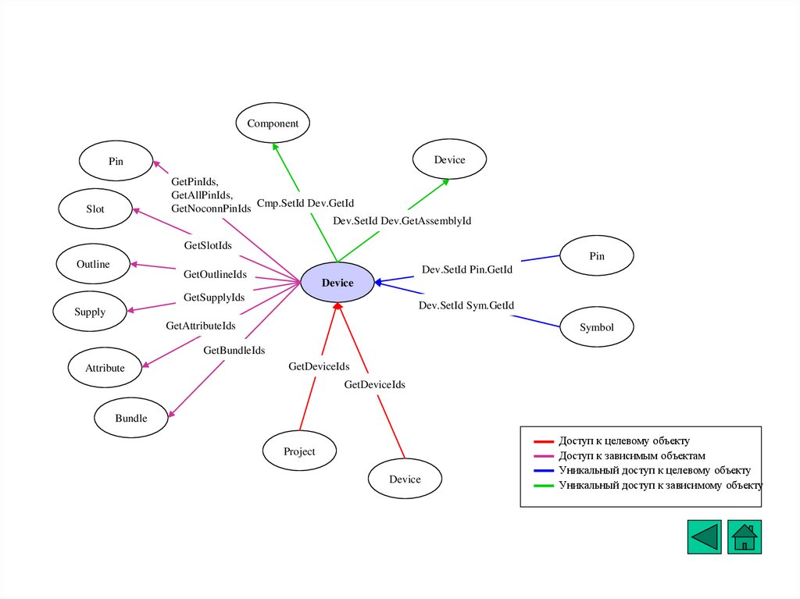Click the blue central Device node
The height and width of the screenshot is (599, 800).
click(337, 283)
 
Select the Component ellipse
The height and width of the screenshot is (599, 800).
click(273, 123)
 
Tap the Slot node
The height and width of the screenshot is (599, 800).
click(95, 209)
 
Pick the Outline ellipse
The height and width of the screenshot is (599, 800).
click(93, 264)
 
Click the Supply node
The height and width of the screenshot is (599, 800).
click(90, 312)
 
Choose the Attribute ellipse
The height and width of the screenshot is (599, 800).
click(105, 368)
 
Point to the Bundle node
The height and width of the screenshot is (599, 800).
click(131, 418)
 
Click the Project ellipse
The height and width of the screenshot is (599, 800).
click(299, 451)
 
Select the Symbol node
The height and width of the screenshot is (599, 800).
click(597, 328)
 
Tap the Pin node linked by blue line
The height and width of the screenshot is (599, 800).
click(597, 256)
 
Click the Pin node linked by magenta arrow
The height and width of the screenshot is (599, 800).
click(116, 162)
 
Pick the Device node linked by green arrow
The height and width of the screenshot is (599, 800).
click(449, 160)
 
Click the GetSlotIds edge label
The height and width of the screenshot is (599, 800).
click(208, 245)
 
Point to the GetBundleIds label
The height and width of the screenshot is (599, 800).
click(234, 350)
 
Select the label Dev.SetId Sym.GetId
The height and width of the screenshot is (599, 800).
click(466, 305)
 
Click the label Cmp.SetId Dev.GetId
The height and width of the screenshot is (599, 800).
click(305, 203)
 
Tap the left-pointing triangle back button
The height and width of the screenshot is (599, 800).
click(704, 537)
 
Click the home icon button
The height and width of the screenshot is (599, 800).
click(745, 537)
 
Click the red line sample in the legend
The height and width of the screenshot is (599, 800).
click(545, 442)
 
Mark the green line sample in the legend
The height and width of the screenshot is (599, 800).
click(545, 485)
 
